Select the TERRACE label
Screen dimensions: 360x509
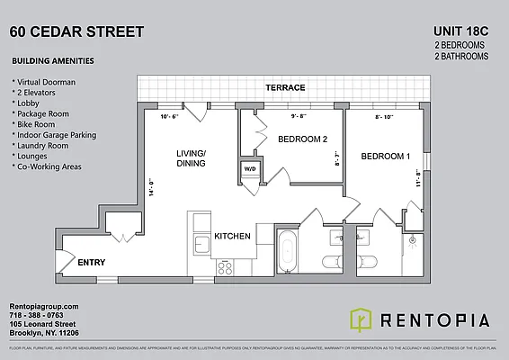click(x=285, y=88)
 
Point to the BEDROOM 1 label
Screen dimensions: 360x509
click(x=385, y=157)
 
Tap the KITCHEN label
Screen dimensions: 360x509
click(x=231, y=236)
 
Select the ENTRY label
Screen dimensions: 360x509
click(x=92, y=263)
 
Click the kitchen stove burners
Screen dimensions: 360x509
click(x=225, y=265)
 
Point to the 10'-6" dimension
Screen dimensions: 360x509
click(x=170, y=117)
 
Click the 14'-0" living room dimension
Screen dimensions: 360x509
click(x=153, y=190)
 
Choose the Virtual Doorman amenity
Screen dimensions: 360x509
click(x=47, y=80)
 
